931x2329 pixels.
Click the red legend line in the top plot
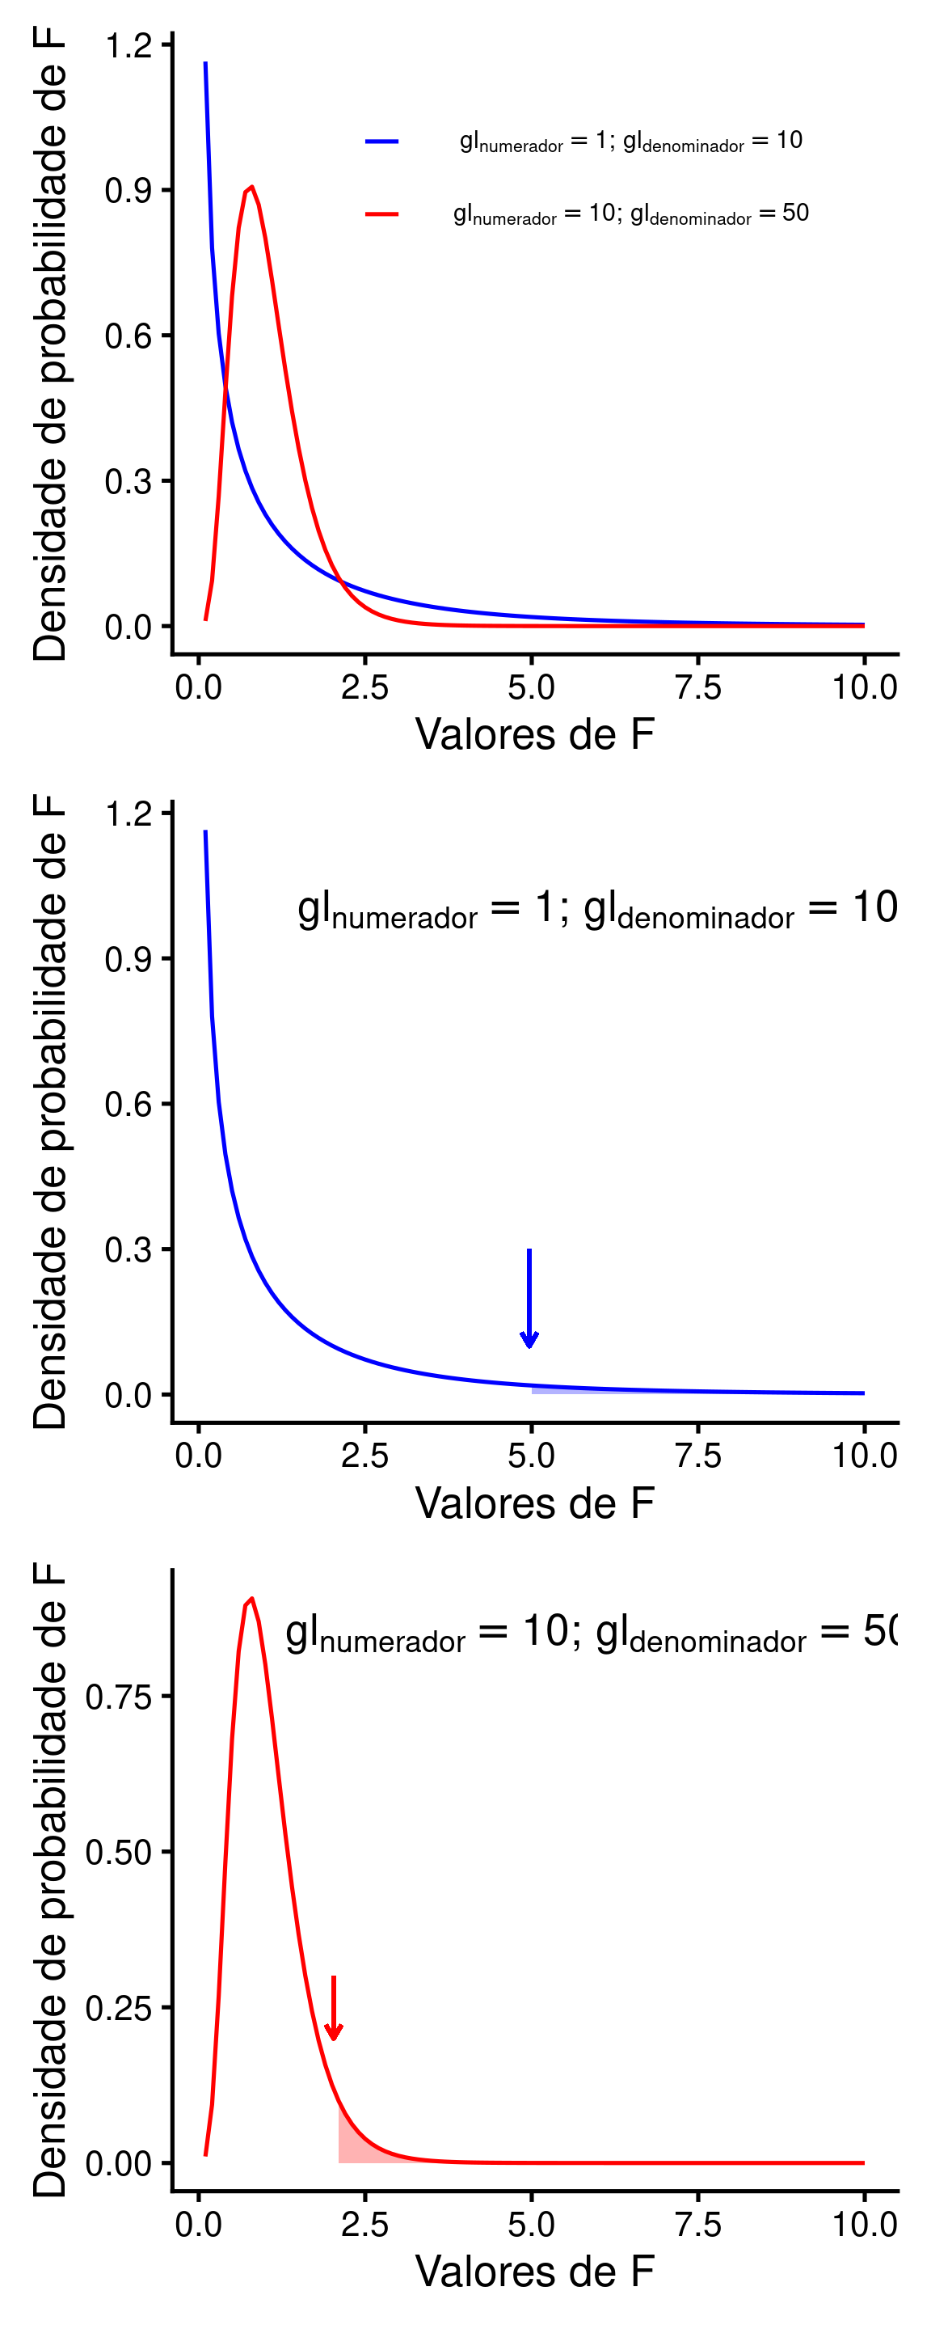(x=381, y=214)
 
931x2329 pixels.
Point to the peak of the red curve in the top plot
(x=251, y=187)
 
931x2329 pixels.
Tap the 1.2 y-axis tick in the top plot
(x=128, y=44)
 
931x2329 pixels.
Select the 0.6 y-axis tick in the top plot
(x=128, y=336)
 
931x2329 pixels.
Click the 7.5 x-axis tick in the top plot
(x=697, y=687)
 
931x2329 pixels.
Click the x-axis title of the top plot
(x=534, y=734)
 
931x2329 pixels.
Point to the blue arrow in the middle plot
(x=529, y=1298)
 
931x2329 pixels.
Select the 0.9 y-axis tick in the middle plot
(x=128, y=959)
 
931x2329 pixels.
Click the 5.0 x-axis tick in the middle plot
(x=532, y=1456)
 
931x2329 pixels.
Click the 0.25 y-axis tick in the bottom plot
(x=119, y=2008)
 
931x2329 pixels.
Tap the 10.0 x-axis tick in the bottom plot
(x=864, y=2224)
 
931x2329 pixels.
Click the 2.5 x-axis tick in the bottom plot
(x=365, y=2224)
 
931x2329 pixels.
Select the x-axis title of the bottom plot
(x=534, y=2271)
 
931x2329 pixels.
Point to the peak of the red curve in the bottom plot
(x=251, y=1600)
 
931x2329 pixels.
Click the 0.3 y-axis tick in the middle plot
(x=128, y=1250)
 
